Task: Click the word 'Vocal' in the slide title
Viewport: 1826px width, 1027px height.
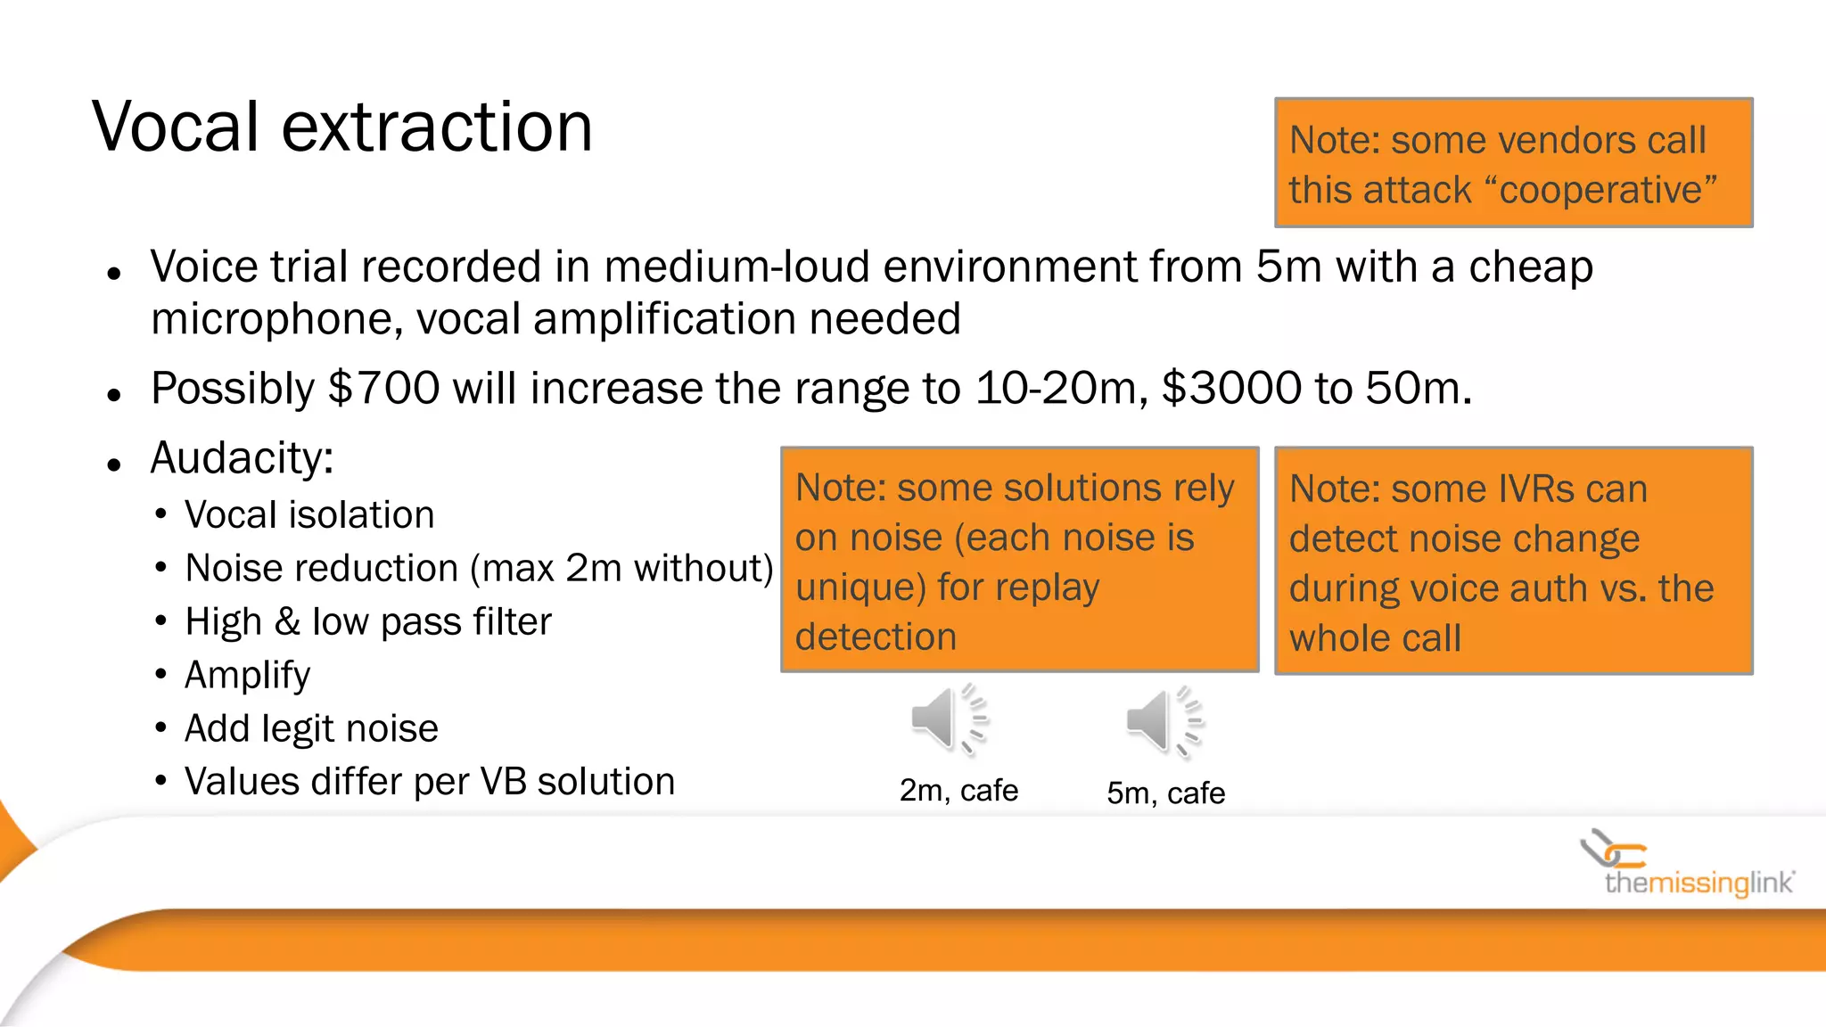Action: [x=176, y=127]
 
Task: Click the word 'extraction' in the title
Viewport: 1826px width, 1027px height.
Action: [x=437, y=127]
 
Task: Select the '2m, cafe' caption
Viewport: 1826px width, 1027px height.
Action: [x=958, y=790]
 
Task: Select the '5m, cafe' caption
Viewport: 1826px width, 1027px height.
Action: [x=1165, y=793]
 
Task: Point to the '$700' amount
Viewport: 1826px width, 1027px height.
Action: [x=384, y=389]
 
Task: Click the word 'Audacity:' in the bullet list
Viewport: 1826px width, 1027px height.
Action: [x=242, y=458]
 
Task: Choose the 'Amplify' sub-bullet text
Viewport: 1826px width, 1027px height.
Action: [x=247, y=675]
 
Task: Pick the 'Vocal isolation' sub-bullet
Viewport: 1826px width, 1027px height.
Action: [x=309, y=515]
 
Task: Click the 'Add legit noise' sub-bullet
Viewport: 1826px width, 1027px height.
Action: [x=311, y=728]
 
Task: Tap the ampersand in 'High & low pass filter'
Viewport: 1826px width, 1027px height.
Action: [x=287, y=622]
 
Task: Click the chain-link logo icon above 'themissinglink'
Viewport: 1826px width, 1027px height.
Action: [x=1612, y=849]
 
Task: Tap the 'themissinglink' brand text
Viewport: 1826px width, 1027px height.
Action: [x=1699, y=883]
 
